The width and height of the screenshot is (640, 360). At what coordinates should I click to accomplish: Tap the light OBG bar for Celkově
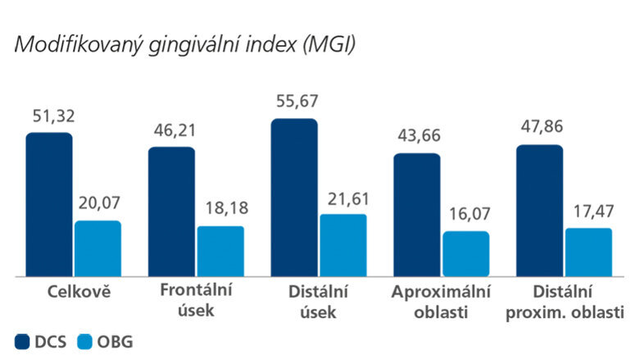click(x=98, y=248)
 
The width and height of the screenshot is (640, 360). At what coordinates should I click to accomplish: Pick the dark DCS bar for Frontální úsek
click(x=171, y=211)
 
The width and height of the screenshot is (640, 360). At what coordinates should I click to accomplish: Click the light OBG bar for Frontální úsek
click(x=220, y=250)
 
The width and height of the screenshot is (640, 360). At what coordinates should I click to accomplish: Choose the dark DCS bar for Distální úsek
click(x=294, y=197)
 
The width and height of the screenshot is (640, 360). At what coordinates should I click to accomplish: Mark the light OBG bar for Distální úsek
click(x=343, y=244)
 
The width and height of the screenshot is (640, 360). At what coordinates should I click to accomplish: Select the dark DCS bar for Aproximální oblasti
click(x=417, y=214)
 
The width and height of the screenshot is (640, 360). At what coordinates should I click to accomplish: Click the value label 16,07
click(x=468, y=216)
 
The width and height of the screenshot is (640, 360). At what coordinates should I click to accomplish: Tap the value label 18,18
click(x=223, y=210)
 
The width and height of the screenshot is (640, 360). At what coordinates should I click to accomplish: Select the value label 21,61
click(x=345, y=198)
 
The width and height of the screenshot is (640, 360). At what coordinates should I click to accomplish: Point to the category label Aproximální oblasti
click(x=441, y=302)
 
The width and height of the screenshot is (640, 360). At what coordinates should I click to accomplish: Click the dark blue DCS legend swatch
click(x=22, y=341)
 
